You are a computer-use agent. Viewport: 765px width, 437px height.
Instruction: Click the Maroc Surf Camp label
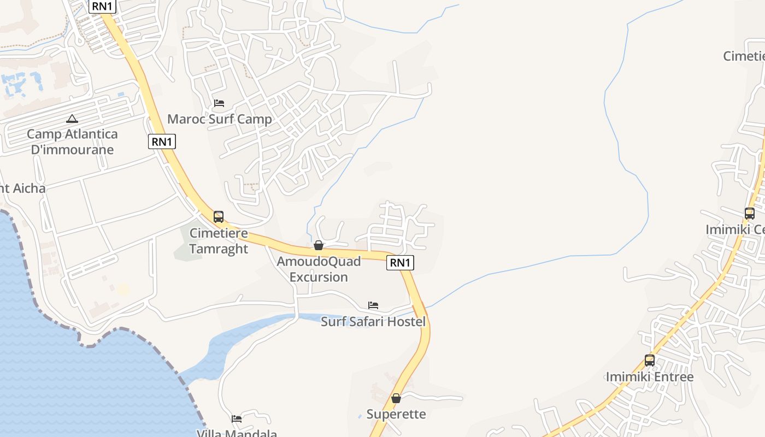(219, 119)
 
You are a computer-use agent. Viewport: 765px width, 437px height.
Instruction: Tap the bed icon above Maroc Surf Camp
(219, 103)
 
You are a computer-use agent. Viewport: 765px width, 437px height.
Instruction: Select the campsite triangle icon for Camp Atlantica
(72, 119)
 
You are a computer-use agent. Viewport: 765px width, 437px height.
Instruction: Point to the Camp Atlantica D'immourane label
(72, 141)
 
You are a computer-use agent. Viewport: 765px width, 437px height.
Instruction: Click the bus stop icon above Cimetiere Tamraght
(219, 217)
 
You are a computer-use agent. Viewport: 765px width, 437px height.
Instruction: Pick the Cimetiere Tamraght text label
(219, 241)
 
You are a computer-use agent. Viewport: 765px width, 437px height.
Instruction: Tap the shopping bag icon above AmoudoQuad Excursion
(319, 245)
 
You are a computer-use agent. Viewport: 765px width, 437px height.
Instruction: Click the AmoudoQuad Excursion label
(319, 269)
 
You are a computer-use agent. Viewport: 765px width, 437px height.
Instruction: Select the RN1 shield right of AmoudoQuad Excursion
(400, 263)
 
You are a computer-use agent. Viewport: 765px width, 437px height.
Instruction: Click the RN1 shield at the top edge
(102, 7)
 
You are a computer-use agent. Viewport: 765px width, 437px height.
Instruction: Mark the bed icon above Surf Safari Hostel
(373, 305)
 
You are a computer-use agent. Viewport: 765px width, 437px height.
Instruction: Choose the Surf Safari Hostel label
(373, 321)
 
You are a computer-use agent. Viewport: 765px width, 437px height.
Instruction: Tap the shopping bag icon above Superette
(396, 398)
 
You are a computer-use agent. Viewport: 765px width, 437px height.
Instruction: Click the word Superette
(396, 414)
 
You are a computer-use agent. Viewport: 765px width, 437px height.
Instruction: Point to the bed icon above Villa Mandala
(237, 419)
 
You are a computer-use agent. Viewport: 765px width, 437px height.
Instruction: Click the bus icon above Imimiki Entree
(650, 361)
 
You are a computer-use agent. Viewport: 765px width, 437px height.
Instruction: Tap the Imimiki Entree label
(650, 377)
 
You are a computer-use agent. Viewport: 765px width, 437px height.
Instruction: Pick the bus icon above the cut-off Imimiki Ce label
(750, 214)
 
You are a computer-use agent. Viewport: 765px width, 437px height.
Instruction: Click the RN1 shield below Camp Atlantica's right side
(162, 142)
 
